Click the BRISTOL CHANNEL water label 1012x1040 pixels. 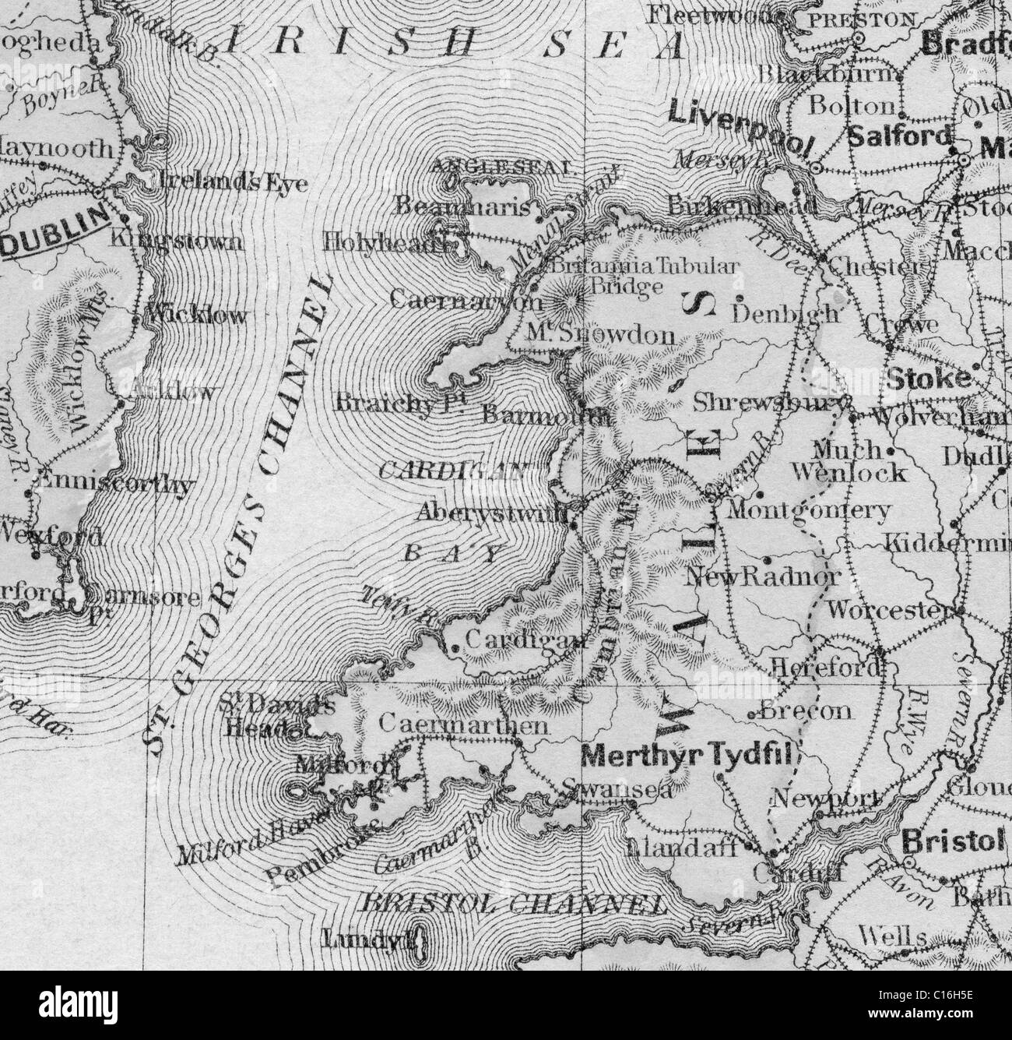[x=513, y=905]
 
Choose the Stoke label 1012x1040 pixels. [x=929, y=379]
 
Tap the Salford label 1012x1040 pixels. [x=900, y=136]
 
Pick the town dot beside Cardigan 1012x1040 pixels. [x=455, y=646]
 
